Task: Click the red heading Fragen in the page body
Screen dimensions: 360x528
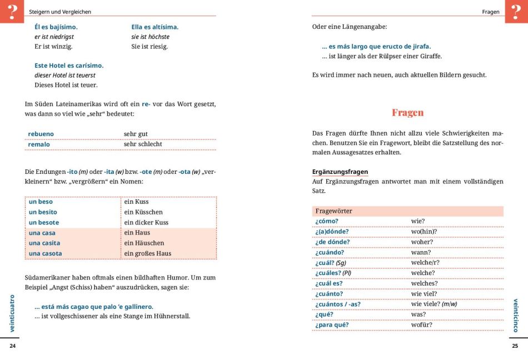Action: (407, 112)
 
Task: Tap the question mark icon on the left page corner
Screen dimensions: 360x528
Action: (12, 11)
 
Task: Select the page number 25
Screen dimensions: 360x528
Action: (515, 346)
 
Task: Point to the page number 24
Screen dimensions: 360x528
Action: (13, 346)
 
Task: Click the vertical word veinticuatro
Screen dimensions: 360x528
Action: (12, 313)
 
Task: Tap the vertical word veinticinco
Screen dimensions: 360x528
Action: (515, 315)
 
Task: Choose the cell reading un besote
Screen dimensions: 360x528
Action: (44, 222)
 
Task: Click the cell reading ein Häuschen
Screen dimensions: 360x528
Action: (144, 243)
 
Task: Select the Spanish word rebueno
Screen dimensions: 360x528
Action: (41, 134)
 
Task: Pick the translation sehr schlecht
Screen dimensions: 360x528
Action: (143, 144)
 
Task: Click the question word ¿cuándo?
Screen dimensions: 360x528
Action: (330, 252)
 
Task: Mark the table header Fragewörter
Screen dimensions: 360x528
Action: (333, 211)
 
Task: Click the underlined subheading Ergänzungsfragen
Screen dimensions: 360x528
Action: (340, 172)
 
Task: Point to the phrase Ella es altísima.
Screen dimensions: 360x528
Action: (155, 27)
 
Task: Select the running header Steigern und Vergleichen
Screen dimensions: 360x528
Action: (60, 12)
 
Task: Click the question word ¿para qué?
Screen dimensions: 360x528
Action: (332, 324)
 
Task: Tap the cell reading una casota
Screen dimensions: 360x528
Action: (46, 253)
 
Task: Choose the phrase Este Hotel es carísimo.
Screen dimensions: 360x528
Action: (69, 66)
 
